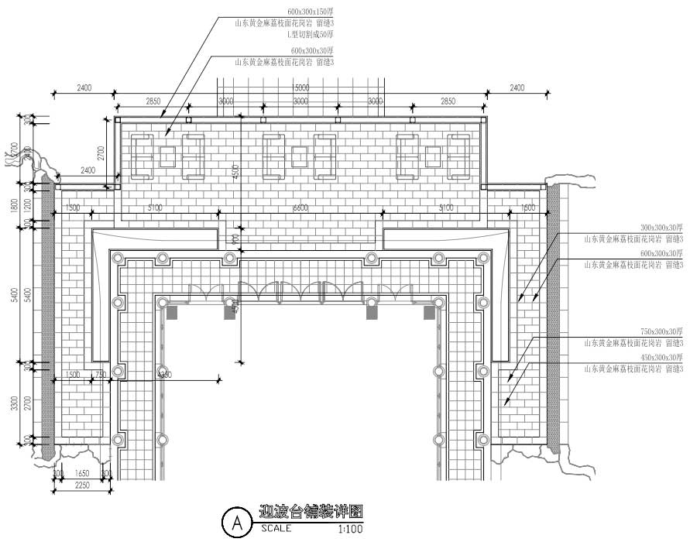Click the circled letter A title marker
coord(235,523)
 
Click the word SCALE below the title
coord(276,529)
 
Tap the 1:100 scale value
coord(350,530)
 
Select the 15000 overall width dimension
coord(301,87)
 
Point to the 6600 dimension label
coord(300,208)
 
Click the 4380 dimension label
coord(164,375)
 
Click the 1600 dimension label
coord(528,208)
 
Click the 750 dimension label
coord(100,375)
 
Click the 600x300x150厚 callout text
coord(310,12)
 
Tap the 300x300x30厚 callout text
coord(661,228)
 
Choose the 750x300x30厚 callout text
coord(661,331)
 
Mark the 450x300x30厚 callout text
coord(661,358)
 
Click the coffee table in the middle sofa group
coord(300,156)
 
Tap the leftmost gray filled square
coord(172,312)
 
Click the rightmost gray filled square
coord(429,312)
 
